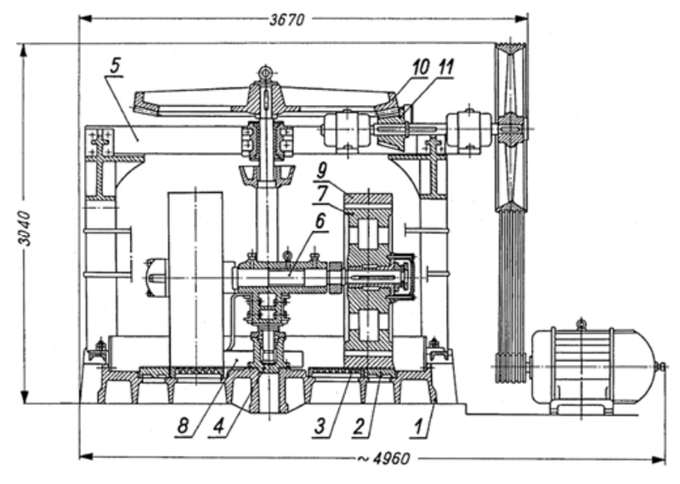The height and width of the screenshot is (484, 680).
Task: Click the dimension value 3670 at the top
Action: point(287,20)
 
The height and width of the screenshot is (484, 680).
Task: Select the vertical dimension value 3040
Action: point(25,228)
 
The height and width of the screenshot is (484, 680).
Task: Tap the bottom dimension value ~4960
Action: point(383,458)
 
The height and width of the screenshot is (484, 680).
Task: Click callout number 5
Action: point(115,66)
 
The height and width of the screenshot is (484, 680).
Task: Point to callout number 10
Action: point(420,67)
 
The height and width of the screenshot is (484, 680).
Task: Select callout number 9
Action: point(321,171)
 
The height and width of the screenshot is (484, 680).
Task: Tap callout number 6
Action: point(320,221)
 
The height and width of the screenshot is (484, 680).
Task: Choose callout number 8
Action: point(183,426)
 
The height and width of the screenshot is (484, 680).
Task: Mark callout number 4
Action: point(218,426)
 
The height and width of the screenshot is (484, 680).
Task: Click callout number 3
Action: point(320,426)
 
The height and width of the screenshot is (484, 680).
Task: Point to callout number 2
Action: point(359,426)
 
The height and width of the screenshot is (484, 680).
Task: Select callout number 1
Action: point(418,426)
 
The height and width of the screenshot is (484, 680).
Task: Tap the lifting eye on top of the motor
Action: point(581,324)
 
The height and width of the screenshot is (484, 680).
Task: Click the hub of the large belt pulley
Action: point(511,129)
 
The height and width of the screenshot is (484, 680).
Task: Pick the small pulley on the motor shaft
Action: point(511,368)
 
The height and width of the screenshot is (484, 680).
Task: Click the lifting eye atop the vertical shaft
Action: point(263,72)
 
